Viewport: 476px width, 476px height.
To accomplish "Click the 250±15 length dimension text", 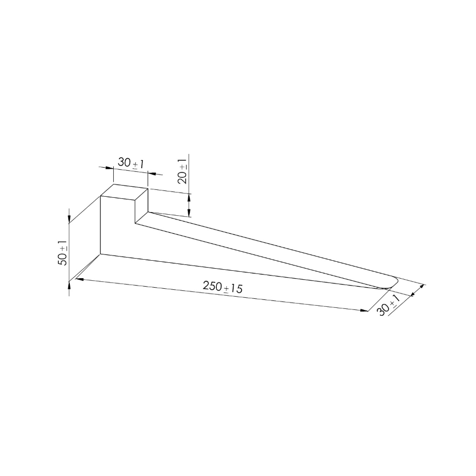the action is tap(223, 287).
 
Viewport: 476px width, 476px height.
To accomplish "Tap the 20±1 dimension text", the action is tap(183, 171).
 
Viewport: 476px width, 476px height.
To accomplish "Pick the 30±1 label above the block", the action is tap(131, 163).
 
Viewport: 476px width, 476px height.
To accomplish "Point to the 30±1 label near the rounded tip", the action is tap(388, 306).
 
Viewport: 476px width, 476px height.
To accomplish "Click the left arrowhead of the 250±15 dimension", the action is tap(79, 279).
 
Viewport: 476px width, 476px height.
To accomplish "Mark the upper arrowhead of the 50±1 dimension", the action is tap(69, 219).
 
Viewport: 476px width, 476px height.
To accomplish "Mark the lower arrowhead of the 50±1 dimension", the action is tap(69, 286).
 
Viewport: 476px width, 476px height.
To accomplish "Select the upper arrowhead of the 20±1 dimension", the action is tap(189, 198).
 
